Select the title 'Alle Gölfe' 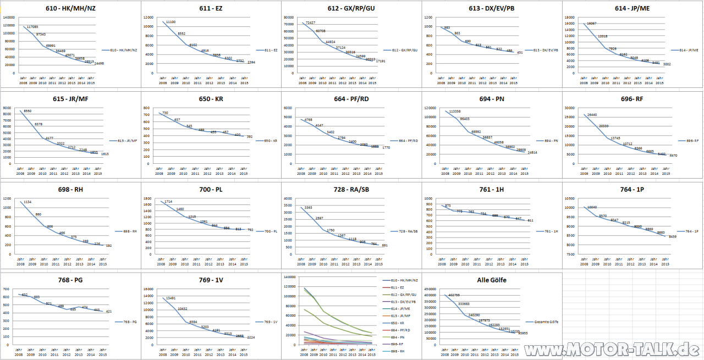pos(491,280)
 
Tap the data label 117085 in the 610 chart pos(32,26)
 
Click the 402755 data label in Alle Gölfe pos(454,295)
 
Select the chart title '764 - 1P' pos(631,190)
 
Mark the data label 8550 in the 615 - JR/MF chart pos(28,111)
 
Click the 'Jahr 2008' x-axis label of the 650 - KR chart pos(159,171)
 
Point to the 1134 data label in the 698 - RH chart pos(28,202)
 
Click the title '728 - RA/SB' pos(351,190)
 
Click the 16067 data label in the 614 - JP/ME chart pos(591,24)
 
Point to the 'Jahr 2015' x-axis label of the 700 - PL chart pos(244,261)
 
